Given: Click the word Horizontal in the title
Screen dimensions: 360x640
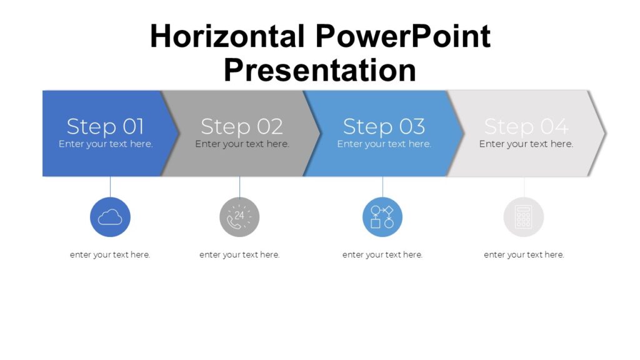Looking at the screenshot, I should point(227,37).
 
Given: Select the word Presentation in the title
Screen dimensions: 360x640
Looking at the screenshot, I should point(319,70).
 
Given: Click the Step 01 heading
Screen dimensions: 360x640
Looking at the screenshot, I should point(105,126).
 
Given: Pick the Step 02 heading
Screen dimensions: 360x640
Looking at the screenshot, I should point(241,126).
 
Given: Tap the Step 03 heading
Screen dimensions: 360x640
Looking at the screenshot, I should point(384,126).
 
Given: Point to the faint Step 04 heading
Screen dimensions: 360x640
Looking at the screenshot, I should point(526,126).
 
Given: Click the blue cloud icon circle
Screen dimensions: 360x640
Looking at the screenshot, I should point(110,217).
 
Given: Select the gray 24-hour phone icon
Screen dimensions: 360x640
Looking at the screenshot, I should point(239,217).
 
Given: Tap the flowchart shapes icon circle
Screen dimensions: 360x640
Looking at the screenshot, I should point(382,217).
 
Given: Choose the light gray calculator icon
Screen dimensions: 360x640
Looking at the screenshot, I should point(524,217).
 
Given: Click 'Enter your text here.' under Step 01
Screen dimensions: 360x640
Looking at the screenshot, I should point(106,144).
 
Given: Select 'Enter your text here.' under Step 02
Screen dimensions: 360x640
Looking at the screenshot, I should point(242,144).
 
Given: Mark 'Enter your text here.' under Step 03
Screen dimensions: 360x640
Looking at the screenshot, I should point(384,144).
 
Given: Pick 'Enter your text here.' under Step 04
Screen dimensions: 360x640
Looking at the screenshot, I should point(526,144).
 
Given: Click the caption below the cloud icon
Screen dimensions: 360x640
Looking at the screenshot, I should point(110,254).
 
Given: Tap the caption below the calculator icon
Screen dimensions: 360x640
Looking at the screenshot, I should point(524,254).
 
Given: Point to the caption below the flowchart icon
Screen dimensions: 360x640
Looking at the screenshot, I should point(382,254).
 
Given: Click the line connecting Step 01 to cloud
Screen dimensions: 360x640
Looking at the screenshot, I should point(110,186).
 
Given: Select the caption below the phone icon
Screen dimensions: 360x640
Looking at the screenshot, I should point(239,254).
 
